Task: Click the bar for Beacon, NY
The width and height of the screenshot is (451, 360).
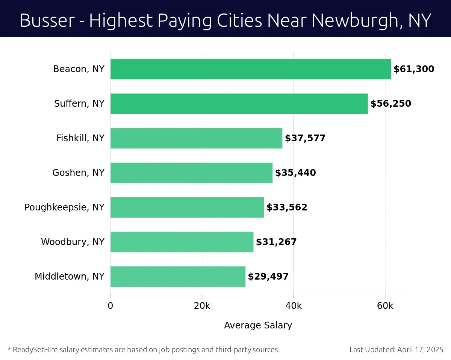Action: (250, 69)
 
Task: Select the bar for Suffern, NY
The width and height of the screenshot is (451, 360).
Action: (239, 104)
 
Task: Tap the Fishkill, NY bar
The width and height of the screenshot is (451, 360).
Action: (196, 138)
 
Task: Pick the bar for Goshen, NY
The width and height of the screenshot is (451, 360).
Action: (191, 173)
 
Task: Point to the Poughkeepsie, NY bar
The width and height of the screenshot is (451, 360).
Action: (187, 207)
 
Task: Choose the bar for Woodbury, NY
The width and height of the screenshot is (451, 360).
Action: (182, 242)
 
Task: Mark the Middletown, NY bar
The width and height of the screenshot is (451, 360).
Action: (178, 277)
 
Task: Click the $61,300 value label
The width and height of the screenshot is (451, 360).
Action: (414, 69)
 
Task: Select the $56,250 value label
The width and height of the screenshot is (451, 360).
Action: (390, 104)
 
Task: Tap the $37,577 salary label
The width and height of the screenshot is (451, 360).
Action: (305, 138)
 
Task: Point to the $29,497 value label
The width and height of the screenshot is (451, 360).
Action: (268, 277)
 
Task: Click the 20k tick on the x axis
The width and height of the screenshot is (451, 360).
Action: (202, 306)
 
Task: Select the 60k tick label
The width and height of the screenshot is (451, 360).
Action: (385, 306)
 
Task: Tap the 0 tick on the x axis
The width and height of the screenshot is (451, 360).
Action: (110, 306)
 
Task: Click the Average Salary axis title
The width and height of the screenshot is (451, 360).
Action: (258, 325)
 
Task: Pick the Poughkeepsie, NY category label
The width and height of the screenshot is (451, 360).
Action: (64, 207)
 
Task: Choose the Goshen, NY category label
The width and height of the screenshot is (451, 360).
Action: (78, 173)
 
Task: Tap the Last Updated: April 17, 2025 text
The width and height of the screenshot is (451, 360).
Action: (397, 350)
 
